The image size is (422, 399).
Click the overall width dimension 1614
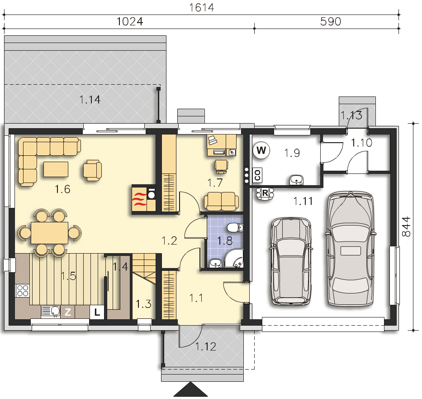(202, 7)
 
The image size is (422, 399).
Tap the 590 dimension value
(331, 21)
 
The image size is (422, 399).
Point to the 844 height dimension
(406, 226)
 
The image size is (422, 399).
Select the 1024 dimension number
(130, 21)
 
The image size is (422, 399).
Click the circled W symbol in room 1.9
(261, 150)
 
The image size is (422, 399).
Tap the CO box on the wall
(257, 175)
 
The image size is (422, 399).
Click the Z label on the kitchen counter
(67, 312)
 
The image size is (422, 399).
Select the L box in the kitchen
(97, 312)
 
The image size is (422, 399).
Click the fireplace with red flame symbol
(139, 199)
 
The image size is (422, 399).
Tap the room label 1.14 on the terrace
(90, 100)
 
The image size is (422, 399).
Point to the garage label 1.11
(303, 201)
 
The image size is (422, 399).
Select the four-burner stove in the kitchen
(23, 291)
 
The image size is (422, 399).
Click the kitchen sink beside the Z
(51, 311)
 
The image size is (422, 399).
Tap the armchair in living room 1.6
(92, 170)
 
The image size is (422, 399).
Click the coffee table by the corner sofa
(56, 169)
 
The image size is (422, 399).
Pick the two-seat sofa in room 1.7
(221, 201)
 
